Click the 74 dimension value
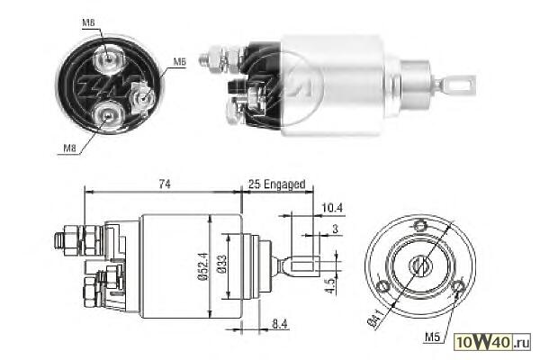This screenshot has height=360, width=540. click(x=165, y=184)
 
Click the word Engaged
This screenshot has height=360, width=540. click(x=284, y=184)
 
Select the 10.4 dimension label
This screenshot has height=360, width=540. click(x=332, y=208)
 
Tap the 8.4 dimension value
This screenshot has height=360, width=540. click(x=280, y=324)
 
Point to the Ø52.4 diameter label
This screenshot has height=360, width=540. click(x=203, y=266)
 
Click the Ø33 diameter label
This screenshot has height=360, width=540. click(x=222, y=265)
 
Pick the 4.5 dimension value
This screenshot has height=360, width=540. click(x=330, y=285)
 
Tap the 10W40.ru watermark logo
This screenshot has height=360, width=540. click(x=492, y=342)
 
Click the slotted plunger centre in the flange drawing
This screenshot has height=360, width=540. click(x=421, y=265)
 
